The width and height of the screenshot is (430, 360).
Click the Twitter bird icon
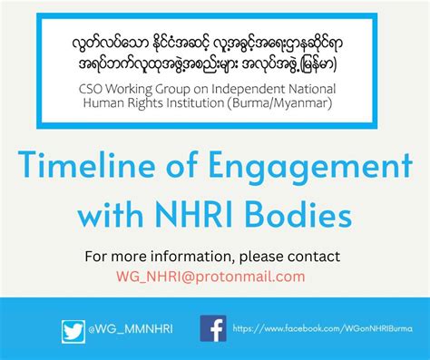click(73, 331)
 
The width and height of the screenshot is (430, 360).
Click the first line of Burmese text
click(215, 43)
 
